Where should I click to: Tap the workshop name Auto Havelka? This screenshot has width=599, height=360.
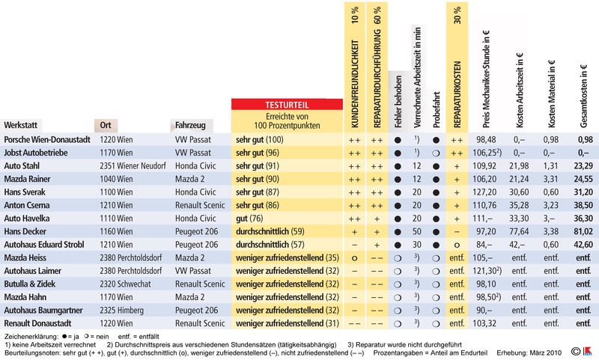[x=27, y=218]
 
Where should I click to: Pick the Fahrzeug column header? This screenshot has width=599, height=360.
[x=191, y=125]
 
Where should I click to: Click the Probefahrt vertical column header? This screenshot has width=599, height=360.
[x=435, y=105]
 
